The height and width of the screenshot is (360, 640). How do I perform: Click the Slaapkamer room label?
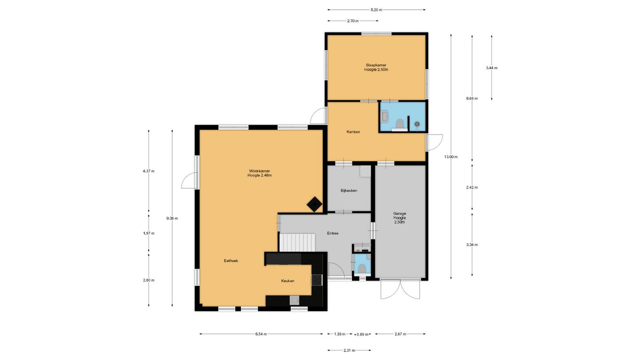[x=376, y=65]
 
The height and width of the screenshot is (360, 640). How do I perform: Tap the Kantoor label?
[x=353, y=132]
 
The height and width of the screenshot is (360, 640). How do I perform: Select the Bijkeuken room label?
[x=349, y=191]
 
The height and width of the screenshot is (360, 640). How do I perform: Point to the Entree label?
[x=333, y=233]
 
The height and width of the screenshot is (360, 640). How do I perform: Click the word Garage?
[x=400, y=213]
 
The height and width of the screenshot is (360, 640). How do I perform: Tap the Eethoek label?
[x=231, y=261]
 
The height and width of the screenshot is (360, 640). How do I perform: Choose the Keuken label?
[x=288, y=281]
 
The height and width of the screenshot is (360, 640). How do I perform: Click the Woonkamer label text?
[x=260, y=171]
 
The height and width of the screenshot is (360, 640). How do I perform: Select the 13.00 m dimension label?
[x=451, y=157]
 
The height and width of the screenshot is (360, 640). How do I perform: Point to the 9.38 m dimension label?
[x=172, y=219]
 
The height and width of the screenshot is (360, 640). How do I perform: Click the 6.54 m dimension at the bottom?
[x=261, y=334]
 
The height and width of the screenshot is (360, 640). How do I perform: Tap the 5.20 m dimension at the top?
[x=376, y=10]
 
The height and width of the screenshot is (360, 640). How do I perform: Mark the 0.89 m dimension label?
[x=363, y=334]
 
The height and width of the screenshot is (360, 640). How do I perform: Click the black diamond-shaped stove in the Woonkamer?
[x=315, y=204]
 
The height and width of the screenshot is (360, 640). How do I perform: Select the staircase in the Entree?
[x=297, y=243]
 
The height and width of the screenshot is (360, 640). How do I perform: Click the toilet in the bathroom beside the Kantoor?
[x=400, y=124]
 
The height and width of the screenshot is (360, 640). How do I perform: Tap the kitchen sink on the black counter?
[x=294, y=300]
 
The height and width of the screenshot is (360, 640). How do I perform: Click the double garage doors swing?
[x=400, y=289]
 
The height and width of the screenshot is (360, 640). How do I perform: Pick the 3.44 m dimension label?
[x=492, y=68]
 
